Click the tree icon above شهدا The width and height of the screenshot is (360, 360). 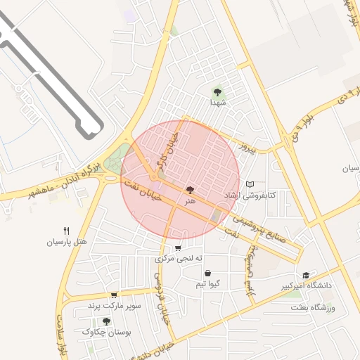(x=217, y=91)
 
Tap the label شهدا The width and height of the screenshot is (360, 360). (x=217, y=103)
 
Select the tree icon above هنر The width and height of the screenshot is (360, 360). (x=189, y=190)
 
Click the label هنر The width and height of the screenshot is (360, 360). (x=189, y=201)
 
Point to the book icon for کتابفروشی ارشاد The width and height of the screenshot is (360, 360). (x=250, y=184)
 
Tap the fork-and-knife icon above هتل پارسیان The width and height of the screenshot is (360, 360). (x=67, y=231)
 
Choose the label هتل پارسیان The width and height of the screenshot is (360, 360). (x=67, y=242)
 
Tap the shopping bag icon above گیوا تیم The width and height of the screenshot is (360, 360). (x=207, y=273)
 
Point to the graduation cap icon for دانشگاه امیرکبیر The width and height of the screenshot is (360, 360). (x=305, y=276)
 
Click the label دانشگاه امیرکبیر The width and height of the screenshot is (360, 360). (x=306, y=286)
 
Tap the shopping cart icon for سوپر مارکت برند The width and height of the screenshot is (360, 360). (x=113, y=295)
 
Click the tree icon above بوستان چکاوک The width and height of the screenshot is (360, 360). (x=106, y=321)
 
